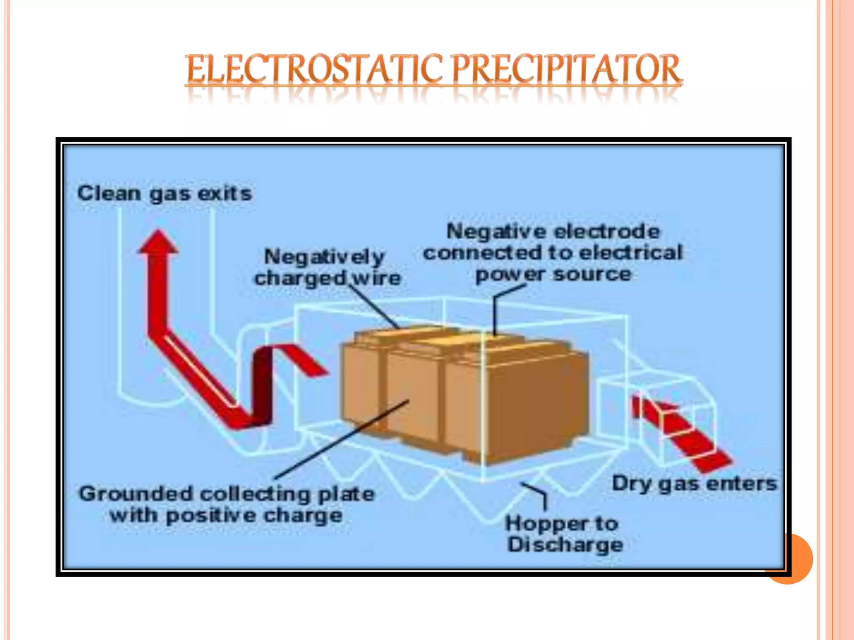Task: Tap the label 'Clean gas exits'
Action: (x=165, y=194)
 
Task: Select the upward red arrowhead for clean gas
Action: (x=158, y=242)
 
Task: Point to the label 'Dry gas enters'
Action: (x=694, y=484)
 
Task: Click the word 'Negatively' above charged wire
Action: (x=324, y=257)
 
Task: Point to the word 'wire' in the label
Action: (x=376, y=278)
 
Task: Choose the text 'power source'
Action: (x=553, y=275)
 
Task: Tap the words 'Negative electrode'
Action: (x=553, y=232)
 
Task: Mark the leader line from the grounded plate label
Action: (x=342, y=440)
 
